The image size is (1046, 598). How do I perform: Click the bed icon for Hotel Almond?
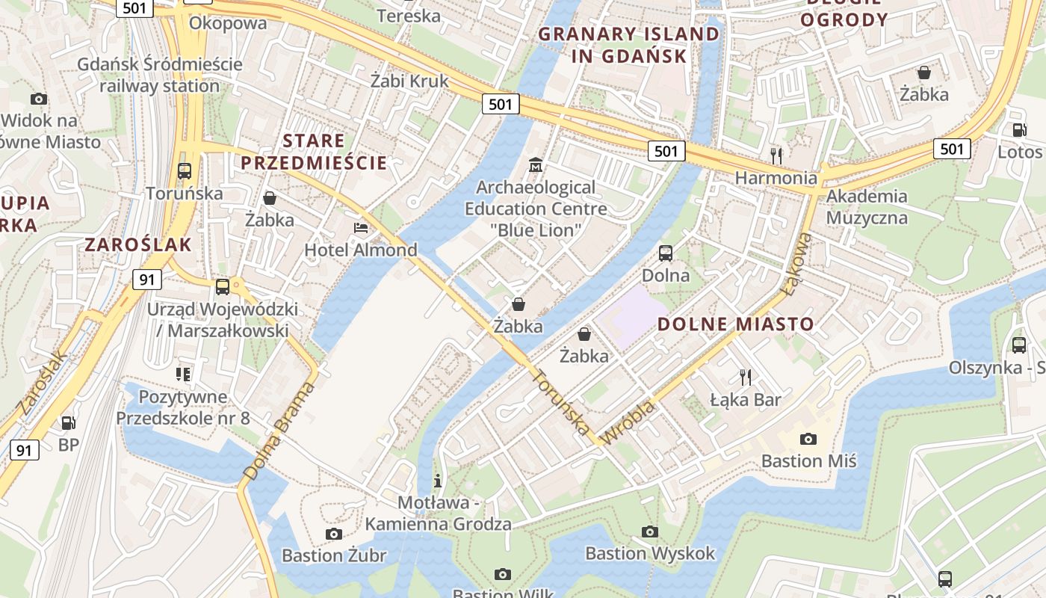point(361,227)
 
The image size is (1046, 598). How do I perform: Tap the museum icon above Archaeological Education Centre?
point(535,164)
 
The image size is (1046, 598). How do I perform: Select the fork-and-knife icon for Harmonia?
point(777,155)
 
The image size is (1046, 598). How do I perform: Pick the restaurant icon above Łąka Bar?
point(744,377)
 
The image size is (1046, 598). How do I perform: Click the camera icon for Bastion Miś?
point(808,439)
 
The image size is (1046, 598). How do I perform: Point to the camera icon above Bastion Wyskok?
point(650,531)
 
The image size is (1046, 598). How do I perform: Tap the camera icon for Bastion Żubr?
point(334,534)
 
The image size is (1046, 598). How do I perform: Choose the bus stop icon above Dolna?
point(666,253)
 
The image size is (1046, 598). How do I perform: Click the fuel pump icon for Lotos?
point(1019,129)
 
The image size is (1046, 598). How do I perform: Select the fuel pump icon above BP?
point(68,423)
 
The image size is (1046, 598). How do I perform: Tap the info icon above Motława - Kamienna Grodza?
point(438,481)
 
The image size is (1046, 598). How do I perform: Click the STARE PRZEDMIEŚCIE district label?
point(314,152)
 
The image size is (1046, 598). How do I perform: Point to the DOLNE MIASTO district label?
point(735,324)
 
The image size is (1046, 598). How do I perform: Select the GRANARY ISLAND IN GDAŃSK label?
point(628,45)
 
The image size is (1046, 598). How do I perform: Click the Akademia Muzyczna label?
point(867,207)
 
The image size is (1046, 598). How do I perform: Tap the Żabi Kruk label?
point(409,81)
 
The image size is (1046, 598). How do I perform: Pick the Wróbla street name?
point(628,422)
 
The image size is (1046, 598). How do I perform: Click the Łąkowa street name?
point(795,262)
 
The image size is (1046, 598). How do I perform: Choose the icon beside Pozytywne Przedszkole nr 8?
point(183,374)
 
